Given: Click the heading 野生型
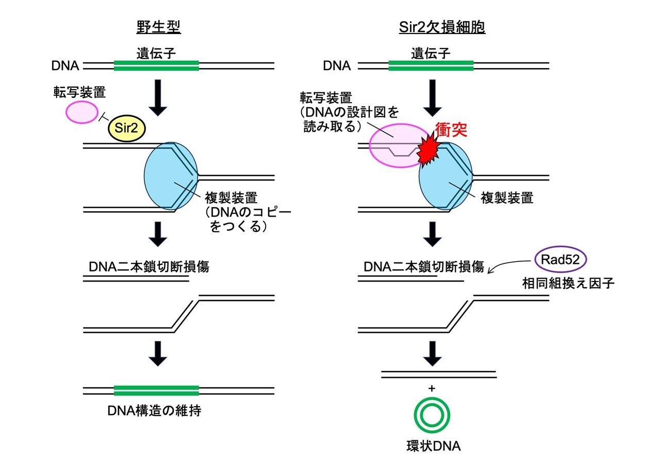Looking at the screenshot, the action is pos(158,27).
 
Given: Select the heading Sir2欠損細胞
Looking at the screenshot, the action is pos(442,27).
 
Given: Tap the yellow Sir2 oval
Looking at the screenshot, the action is pos(127,128).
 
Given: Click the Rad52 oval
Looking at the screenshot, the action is pos(560,259).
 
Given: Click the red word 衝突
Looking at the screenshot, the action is pos(451,129).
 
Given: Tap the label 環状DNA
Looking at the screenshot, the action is pos(434,446).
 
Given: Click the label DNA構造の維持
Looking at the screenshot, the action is pos(154,410).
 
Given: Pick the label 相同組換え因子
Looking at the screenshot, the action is pos(568,284).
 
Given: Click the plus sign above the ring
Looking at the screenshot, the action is pos(432,389).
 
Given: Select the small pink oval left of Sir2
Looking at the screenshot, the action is pos(81,112).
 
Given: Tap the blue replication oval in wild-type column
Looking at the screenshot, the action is pos(171,176).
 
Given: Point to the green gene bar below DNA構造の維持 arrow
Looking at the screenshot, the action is pos(156,391).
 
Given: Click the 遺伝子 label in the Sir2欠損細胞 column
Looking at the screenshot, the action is pos(431,54).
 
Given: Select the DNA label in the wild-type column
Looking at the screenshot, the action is pos(65,65).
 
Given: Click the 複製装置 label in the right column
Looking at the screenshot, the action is pos(507,197).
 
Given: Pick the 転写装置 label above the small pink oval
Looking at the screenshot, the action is pos(79,92).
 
